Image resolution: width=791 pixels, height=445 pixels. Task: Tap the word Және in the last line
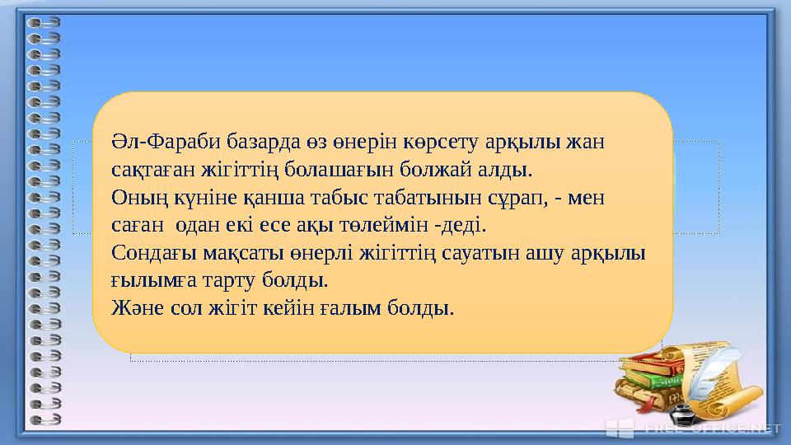(136, 308)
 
